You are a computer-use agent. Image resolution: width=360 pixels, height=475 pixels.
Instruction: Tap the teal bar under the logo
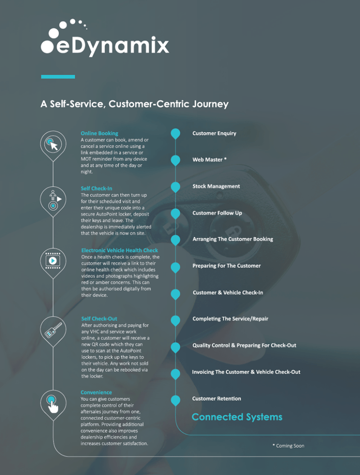[58, 77]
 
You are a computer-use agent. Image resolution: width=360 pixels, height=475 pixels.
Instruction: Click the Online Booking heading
[99, 134]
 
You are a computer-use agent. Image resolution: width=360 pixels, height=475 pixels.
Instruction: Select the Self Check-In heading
[96, 189]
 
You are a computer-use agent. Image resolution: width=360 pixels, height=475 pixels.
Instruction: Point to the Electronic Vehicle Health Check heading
[120, 250]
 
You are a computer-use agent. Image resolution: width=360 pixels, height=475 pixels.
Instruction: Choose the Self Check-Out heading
[99, 319]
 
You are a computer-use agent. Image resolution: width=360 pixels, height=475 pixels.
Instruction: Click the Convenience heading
[96, 392]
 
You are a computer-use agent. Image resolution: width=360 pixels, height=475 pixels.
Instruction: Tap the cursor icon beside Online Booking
[53, 143]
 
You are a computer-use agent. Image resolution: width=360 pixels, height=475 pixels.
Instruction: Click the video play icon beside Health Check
[53, 261]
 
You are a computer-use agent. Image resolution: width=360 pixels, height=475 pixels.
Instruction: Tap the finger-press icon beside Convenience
[53, 402]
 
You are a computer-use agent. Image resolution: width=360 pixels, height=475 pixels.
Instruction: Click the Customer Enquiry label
[214, 134]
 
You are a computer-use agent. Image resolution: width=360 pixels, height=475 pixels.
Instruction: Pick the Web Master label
[210, 160]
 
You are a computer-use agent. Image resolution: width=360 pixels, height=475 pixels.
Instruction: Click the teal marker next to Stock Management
[175, 187]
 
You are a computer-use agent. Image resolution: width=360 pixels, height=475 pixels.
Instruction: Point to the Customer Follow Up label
[217, 213]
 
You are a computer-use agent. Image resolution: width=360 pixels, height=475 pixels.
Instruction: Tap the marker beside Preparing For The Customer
[175, 267]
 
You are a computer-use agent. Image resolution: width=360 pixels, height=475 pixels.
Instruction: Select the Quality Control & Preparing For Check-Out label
[244, 346]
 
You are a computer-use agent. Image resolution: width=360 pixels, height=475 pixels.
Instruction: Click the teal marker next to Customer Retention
[175, 400]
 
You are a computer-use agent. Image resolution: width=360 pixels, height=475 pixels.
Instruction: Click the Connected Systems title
[237, 417]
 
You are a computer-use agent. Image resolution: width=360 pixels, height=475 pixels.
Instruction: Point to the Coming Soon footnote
[289, 446]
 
